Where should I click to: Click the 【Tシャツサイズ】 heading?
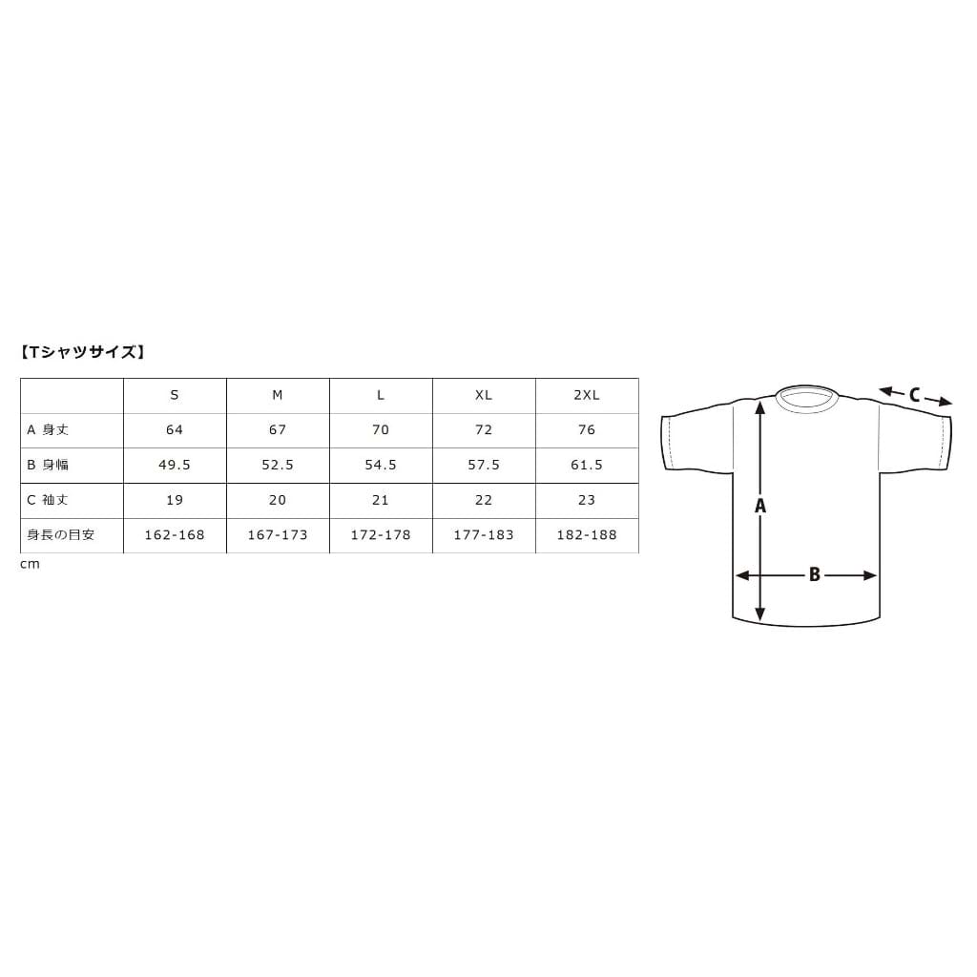tap(82, 353)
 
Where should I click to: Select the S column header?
tap(175, 395)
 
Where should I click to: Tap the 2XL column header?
tap(587, 395)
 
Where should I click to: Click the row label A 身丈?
tap(48, 430)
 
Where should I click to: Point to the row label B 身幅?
tap(48, 465)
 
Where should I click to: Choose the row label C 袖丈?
tap(48, 500)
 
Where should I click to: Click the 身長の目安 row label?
tap(60, 534)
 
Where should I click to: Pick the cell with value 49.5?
tap(175, 465)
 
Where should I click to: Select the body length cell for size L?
tap(380, 430)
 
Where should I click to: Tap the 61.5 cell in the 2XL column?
tap(587, 465)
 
